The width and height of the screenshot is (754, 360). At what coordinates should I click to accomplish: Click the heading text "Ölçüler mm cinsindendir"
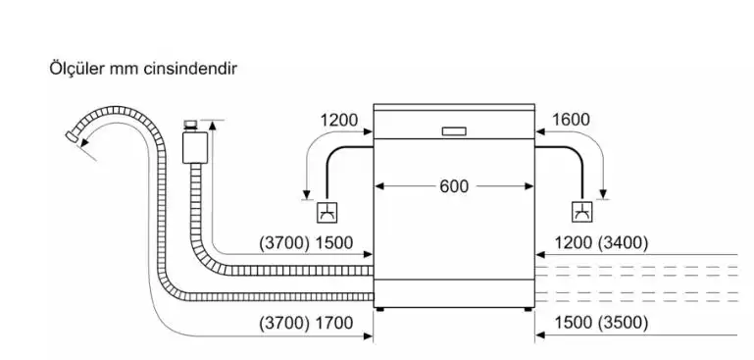point(143,69)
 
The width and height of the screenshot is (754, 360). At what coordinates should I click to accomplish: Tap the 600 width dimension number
point(454,186)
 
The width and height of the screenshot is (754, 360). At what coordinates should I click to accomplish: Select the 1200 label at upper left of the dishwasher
point(339,120)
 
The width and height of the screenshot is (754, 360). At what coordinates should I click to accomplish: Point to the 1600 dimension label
point(571,120)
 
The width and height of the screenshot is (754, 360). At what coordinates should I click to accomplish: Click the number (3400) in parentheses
point(623,243)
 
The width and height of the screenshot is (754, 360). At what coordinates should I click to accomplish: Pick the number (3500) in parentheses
point(623,323)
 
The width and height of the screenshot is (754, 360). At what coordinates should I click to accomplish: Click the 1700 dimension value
point(333,323)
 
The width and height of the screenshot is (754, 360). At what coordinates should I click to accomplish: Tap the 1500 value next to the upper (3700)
point(333,243)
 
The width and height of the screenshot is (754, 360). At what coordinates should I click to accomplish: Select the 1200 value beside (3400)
point(574,243)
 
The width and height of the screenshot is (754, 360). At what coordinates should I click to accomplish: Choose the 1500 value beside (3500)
point(574,323)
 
